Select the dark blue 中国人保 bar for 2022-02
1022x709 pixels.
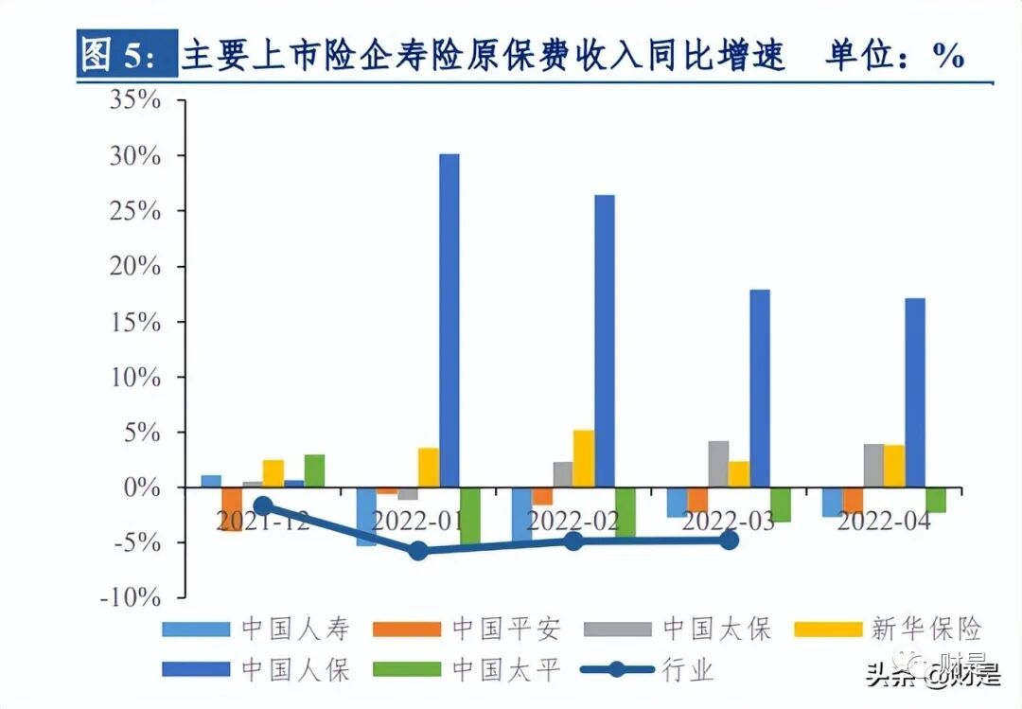[605, 341]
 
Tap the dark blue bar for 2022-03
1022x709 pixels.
[760, 388]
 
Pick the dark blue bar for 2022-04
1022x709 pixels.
[915, 392]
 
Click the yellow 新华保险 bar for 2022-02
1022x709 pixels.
[584, 459]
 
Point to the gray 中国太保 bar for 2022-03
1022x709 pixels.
[718, 464]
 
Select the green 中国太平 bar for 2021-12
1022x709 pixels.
[314, 471]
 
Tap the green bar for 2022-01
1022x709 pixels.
[470, 516]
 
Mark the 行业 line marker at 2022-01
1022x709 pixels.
[418, 551]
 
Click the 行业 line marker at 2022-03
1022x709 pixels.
[729, 540]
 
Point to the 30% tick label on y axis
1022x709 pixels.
[134, 155]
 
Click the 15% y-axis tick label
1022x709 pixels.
[134, 322]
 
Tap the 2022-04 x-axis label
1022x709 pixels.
[884, 521]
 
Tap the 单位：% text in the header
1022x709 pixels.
[894, 57]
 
